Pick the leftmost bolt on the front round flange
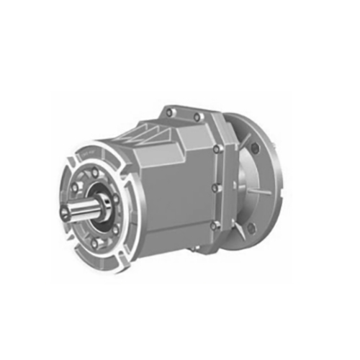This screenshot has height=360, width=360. (73, 189)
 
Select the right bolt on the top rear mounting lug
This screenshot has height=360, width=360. (196, 116)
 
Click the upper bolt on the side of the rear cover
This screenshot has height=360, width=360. (216, 150)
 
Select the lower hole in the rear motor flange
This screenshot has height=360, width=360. (251, 230)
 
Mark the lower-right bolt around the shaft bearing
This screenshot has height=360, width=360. (115, 229)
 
